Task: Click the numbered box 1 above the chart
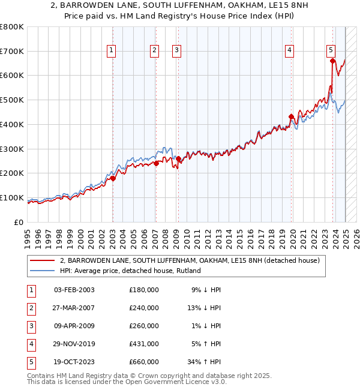click(112, 51)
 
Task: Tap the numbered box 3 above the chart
click(178, 51)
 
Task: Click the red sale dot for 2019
click(291, 117)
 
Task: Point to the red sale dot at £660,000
click(332, 60)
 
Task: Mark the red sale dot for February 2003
click(113, 178)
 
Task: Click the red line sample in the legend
click(42, 261)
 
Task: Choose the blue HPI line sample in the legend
click(42, 271)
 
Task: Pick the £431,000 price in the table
click(144, 344)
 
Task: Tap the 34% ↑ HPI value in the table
click(205, 362)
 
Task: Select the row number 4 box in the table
click(31, 344)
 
